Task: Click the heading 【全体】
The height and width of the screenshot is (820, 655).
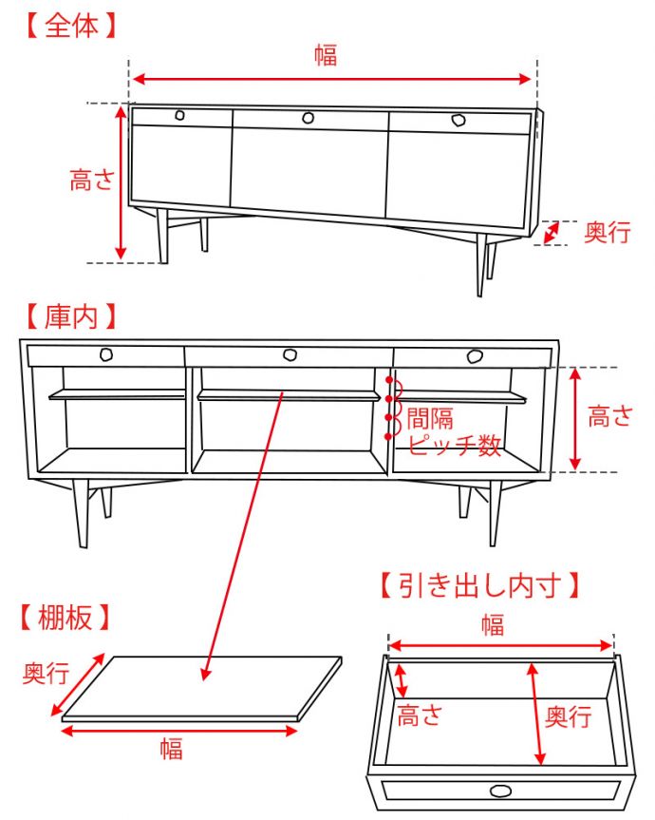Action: point(71,25)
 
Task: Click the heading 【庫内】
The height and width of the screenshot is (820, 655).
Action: point(71,315)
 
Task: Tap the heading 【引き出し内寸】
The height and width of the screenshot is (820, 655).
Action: point(479,584)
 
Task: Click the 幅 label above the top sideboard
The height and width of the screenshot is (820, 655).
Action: point(326,56)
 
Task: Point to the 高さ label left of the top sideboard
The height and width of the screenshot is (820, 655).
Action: point(92,181)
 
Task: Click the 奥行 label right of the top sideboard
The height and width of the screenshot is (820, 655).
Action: point(607,233)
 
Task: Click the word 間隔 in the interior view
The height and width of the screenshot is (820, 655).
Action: point(430,418)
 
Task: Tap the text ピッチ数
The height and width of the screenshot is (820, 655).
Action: point(454,446)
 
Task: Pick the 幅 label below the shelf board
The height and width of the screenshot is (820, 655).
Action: point(171,749)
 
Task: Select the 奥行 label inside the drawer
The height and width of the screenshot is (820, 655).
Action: point(569,715)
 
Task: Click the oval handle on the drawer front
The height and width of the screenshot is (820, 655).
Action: point(500,791)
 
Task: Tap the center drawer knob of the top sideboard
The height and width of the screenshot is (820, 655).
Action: point(309,118)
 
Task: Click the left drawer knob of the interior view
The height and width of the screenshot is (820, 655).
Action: point(107,355)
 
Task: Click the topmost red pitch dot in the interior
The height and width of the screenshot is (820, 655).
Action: point(389,380)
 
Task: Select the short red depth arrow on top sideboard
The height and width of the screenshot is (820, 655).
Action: point(552,232)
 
